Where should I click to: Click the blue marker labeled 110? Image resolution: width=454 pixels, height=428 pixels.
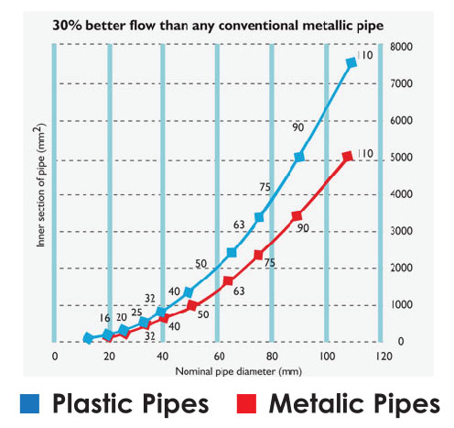351,63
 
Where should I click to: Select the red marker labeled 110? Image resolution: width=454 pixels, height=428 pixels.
348,157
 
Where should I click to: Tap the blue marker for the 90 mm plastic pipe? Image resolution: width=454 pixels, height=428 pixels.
299,157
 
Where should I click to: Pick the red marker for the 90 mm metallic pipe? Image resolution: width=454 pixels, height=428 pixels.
297,216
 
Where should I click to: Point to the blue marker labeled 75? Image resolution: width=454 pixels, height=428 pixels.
259,217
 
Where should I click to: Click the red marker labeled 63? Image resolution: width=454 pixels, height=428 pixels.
228,281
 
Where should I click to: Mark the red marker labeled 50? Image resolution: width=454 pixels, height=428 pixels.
192,305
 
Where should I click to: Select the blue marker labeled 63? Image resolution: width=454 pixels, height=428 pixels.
232,252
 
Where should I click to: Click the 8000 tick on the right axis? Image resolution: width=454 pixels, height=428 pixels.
401,47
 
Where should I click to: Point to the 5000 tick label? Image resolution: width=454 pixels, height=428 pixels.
401,158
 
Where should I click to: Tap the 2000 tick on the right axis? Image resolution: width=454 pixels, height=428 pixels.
401,268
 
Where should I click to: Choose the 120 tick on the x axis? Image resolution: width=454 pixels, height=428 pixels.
384,357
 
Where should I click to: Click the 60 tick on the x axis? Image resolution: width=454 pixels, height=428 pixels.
219,357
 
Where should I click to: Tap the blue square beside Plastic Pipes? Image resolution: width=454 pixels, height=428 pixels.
29,404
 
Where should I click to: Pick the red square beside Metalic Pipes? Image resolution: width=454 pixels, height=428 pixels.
246,404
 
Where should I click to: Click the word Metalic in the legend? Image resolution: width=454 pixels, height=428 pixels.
317,403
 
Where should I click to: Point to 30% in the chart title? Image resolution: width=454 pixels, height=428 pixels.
67,26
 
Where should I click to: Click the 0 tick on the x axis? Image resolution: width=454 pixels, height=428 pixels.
55,357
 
